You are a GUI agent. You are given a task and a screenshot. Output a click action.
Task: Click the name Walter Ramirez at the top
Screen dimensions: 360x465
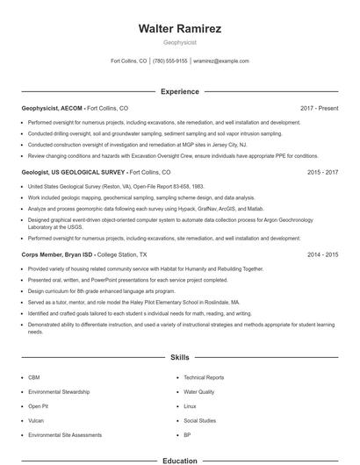click(179, 29)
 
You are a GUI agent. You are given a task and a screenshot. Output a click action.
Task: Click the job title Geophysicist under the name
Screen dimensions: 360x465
click(179, 43)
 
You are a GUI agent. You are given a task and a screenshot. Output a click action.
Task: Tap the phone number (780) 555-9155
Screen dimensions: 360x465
click(169, 61)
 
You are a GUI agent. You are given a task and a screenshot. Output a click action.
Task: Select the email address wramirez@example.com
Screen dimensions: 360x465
click(221, 61)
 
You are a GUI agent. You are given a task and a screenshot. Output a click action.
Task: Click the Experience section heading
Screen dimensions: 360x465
click(179, 91)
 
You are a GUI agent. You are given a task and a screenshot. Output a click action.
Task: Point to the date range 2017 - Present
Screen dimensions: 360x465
click(319, 108)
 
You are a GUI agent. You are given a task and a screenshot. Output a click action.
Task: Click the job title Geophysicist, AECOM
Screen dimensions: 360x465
click(53, 108)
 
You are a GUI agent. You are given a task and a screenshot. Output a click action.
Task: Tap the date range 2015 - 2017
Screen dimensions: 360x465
click(322, 173)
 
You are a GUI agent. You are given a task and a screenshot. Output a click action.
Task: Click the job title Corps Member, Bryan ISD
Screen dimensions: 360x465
click(57, 254)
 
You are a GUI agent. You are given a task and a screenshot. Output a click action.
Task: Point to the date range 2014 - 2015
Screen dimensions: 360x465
click(322, 254)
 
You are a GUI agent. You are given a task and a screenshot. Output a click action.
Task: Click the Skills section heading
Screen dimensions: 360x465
click(179, 358)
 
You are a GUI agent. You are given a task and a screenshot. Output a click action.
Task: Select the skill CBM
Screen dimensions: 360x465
click(33, 377)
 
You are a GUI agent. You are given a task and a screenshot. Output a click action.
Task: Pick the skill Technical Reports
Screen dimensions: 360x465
click(204, 377)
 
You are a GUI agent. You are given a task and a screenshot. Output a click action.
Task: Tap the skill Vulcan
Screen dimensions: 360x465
click(36, 420)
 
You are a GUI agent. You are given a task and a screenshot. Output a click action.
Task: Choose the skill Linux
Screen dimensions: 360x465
click(191, 406)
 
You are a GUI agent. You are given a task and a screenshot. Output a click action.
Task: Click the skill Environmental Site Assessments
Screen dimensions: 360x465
click(64, 435)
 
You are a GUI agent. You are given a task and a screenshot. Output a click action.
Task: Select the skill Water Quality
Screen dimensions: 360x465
click(198, 392)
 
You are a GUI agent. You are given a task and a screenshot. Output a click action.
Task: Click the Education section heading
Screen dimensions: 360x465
click(179, 460)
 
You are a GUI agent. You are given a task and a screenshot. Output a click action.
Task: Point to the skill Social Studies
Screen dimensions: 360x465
click(199, 420)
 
